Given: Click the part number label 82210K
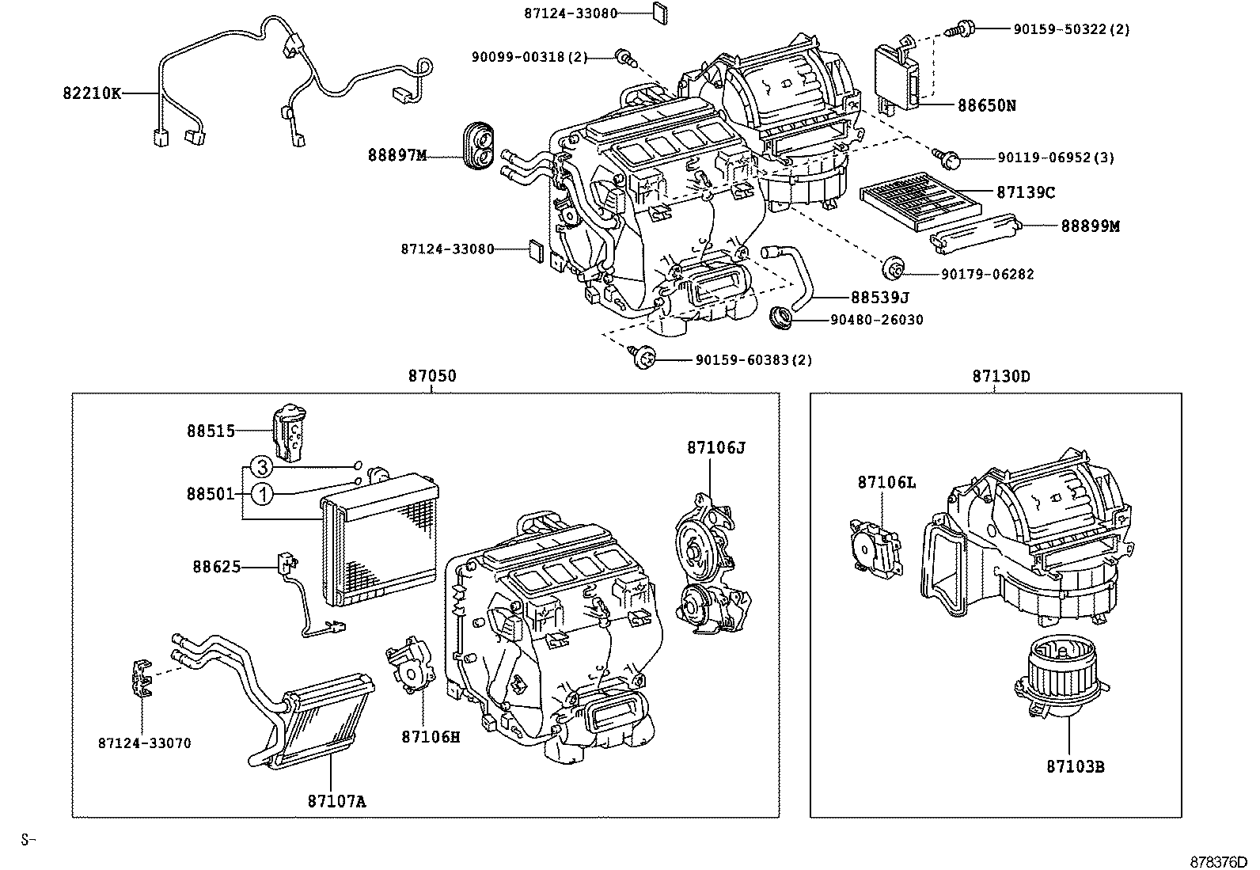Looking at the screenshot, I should [92, 93].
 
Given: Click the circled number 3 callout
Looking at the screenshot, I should [263, 466].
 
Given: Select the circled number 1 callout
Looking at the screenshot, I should [263, 495].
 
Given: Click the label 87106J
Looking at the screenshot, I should [715, 447].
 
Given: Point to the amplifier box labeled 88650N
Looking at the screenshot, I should [898, 75].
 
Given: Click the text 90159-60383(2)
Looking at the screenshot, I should [753, 360].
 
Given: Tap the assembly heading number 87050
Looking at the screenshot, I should [432, 376].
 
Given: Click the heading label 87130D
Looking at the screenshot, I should [1001, 376].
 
